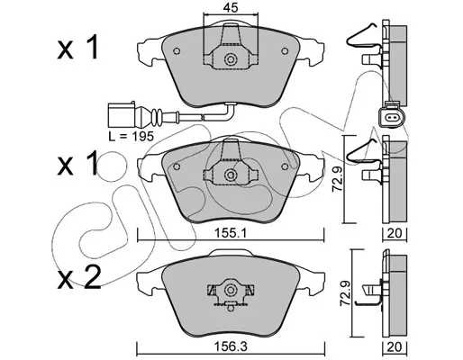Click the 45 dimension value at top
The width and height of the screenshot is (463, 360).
pos(231,7)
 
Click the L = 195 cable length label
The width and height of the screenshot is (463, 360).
pos(132,137)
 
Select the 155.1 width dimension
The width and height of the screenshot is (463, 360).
pos(231,233)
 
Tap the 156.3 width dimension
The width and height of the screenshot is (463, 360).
pos(231,347)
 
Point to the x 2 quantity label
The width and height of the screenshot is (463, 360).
pos(79,278)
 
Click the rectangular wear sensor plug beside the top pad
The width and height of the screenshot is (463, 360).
pos(122,115)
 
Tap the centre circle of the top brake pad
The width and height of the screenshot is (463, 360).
pos(231,59)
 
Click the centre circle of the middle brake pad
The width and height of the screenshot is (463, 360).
pos(231,175)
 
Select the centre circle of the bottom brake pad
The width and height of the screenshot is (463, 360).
pos(231,290)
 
